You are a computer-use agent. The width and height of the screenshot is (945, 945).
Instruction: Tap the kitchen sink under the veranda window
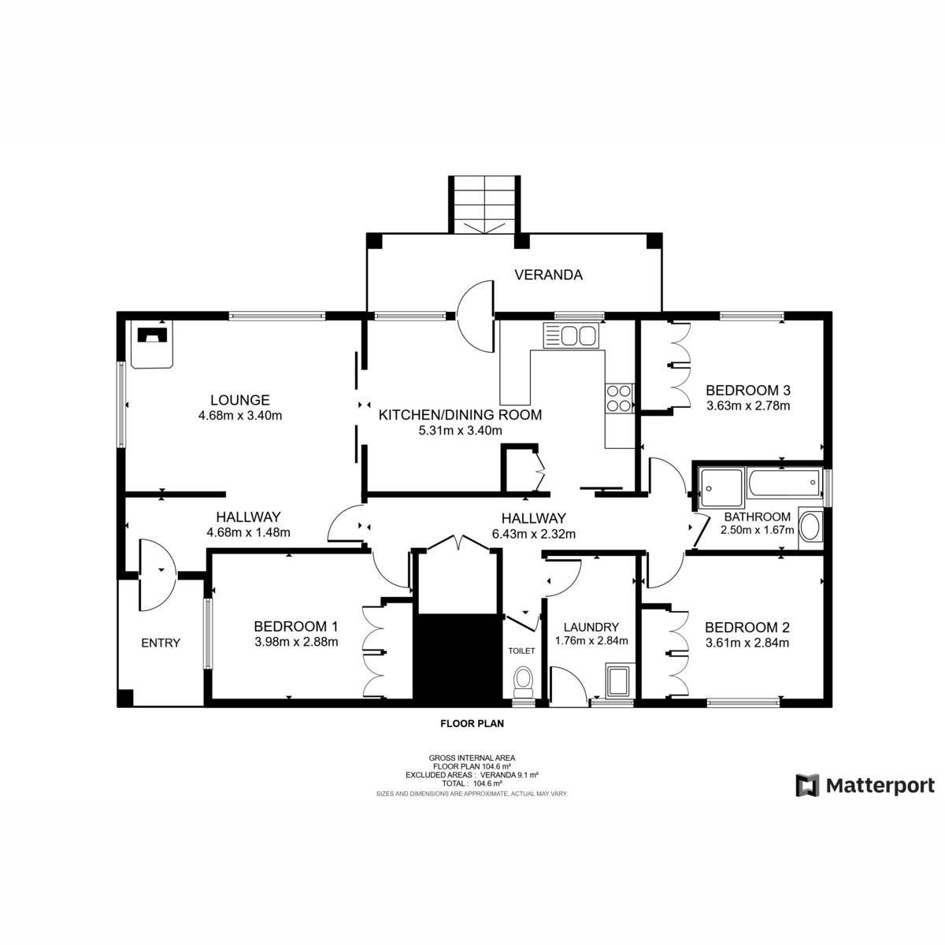569,336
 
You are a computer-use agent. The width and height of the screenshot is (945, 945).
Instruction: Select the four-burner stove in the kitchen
619,398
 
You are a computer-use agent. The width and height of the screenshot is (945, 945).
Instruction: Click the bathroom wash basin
810,528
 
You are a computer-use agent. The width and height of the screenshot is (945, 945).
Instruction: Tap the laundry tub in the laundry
618,680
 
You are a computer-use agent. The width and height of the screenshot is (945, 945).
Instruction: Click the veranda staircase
484,205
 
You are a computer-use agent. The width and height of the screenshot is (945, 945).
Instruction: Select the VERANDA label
548,275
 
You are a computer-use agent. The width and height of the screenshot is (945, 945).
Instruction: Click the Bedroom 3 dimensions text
747,406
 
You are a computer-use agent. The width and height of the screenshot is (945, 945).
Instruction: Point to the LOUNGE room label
239,400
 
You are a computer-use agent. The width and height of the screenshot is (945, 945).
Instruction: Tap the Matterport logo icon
807,785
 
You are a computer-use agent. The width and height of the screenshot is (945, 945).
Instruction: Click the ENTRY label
161,643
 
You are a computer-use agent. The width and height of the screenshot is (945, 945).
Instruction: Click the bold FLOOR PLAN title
472,722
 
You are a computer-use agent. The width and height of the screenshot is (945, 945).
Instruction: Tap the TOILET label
521,650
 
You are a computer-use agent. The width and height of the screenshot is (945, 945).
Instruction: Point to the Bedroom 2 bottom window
743,699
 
